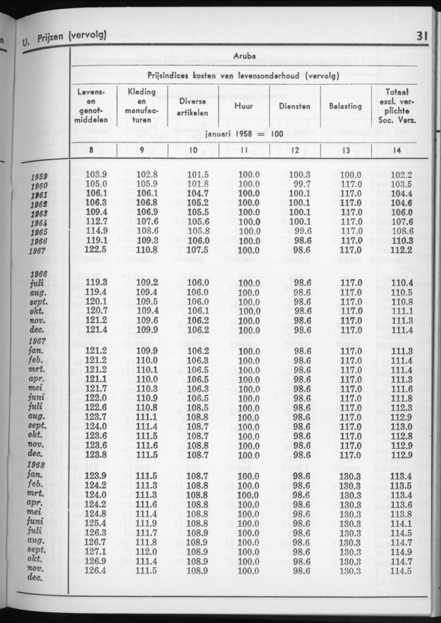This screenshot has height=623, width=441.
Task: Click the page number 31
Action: (x=421, y=36)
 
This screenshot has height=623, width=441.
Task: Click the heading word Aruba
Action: (x=244, y=56)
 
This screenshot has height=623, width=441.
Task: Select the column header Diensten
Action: (x=295, y=106)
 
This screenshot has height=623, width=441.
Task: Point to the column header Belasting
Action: (x=345, y=106)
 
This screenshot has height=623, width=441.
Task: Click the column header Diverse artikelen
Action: (x=193, y=106)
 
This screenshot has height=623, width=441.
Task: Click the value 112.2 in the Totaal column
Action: (x=402, y=249)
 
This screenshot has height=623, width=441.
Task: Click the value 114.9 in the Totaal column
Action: (x=402, y=551)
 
